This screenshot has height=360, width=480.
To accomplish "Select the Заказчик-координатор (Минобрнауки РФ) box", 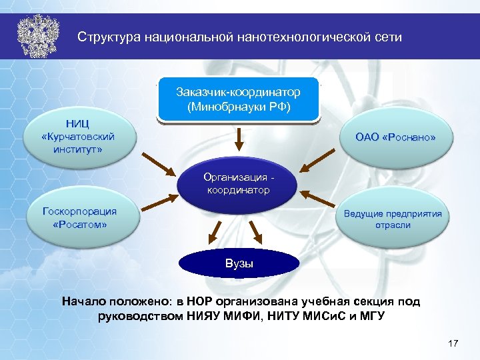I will pyautogui.click(x=239, y=99).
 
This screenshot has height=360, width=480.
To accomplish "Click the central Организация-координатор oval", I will pyautogui.click(x=238, y=183).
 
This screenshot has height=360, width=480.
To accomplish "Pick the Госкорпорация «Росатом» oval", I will pyautogui.click(x=79, y=218).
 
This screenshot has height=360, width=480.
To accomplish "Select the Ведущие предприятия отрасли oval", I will pyautogui.click(x=393, y=219).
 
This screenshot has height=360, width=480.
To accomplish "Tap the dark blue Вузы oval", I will pyautogui.click(x=238, y=263).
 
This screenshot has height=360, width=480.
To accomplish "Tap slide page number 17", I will pyautogui.click(x=453, y=343).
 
